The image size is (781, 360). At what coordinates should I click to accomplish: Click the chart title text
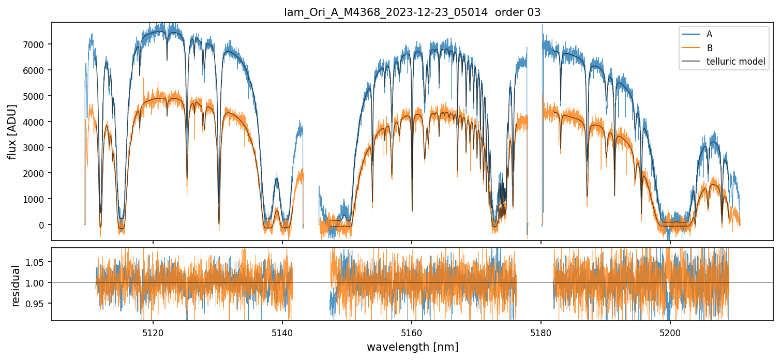412,12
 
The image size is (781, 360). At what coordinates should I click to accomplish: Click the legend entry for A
709,34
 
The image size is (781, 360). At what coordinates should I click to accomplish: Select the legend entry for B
709,48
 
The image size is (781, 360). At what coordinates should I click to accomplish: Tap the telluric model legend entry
735,62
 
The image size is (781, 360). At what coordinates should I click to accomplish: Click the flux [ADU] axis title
12,131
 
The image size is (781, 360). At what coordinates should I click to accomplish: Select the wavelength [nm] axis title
412,347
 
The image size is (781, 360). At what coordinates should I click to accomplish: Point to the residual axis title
16,286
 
